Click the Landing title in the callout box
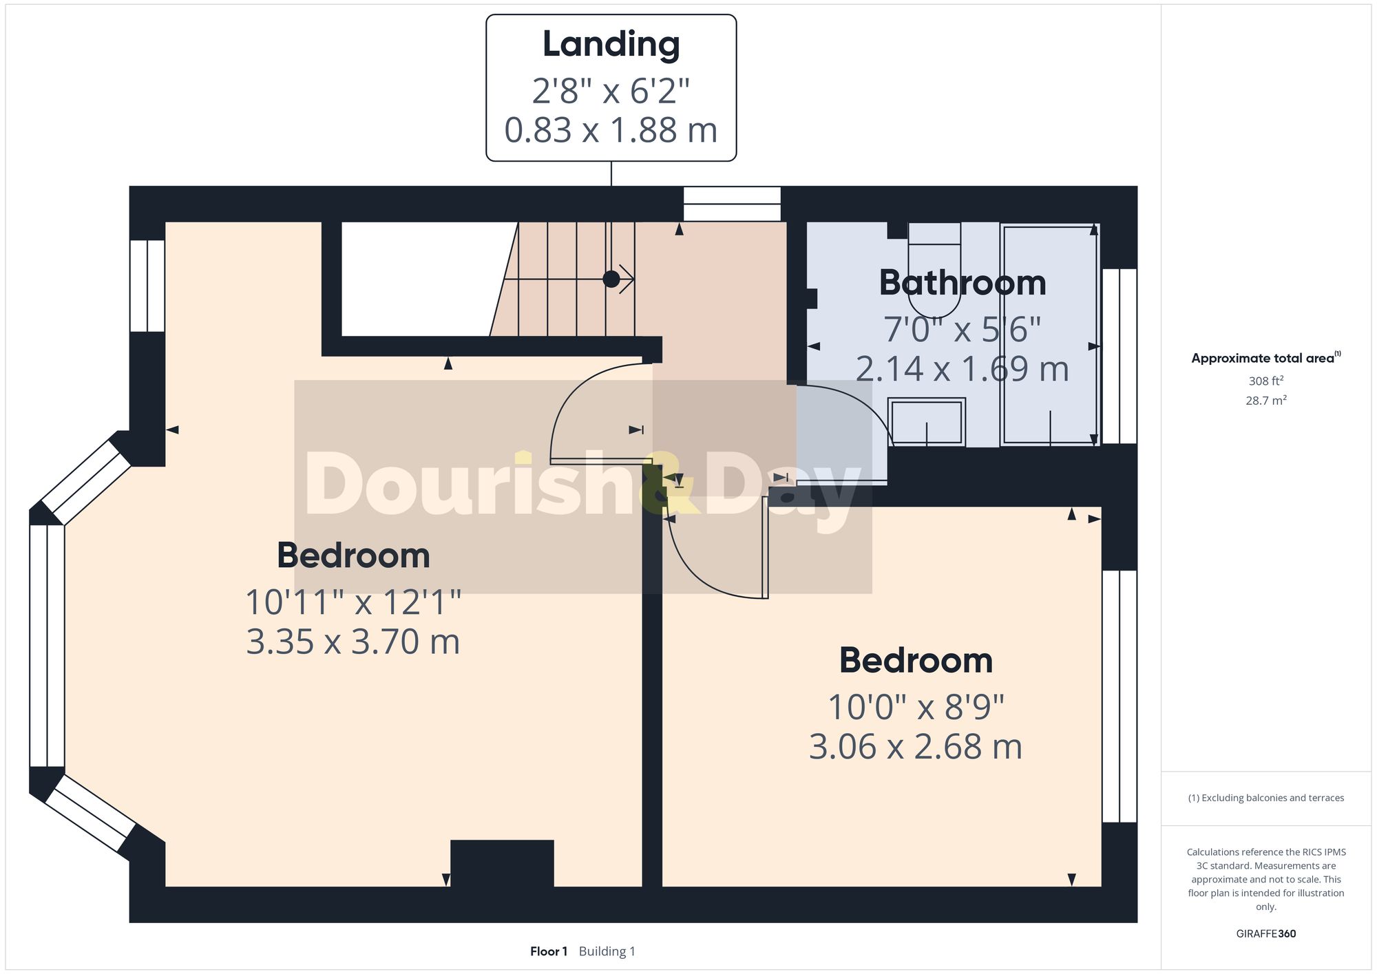[x=611, y=44]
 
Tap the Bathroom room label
[x=962, y=283]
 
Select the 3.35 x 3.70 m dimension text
[x=353, y=642]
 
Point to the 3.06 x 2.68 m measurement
[x=915, y=746]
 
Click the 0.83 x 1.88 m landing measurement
[x=611, y=130]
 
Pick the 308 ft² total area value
[x=1265, y=381]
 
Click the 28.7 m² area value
[x=1265, y=400]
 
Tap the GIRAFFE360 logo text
[x=1265, y=933]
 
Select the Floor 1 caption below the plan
[x=548, y=951]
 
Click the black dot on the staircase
[x=611, y=279]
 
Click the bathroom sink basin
[x=926, y=421]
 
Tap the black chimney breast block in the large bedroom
[x=502, y=862]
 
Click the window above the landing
[x=732, y=204]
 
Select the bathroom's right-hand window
[x=1119, y=355]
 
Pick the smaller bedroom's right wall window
[x=1119, y=696]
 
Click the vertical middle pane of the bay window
[x=47, y=646]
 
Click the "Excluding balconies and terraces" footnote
[x=1265, y=798]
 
